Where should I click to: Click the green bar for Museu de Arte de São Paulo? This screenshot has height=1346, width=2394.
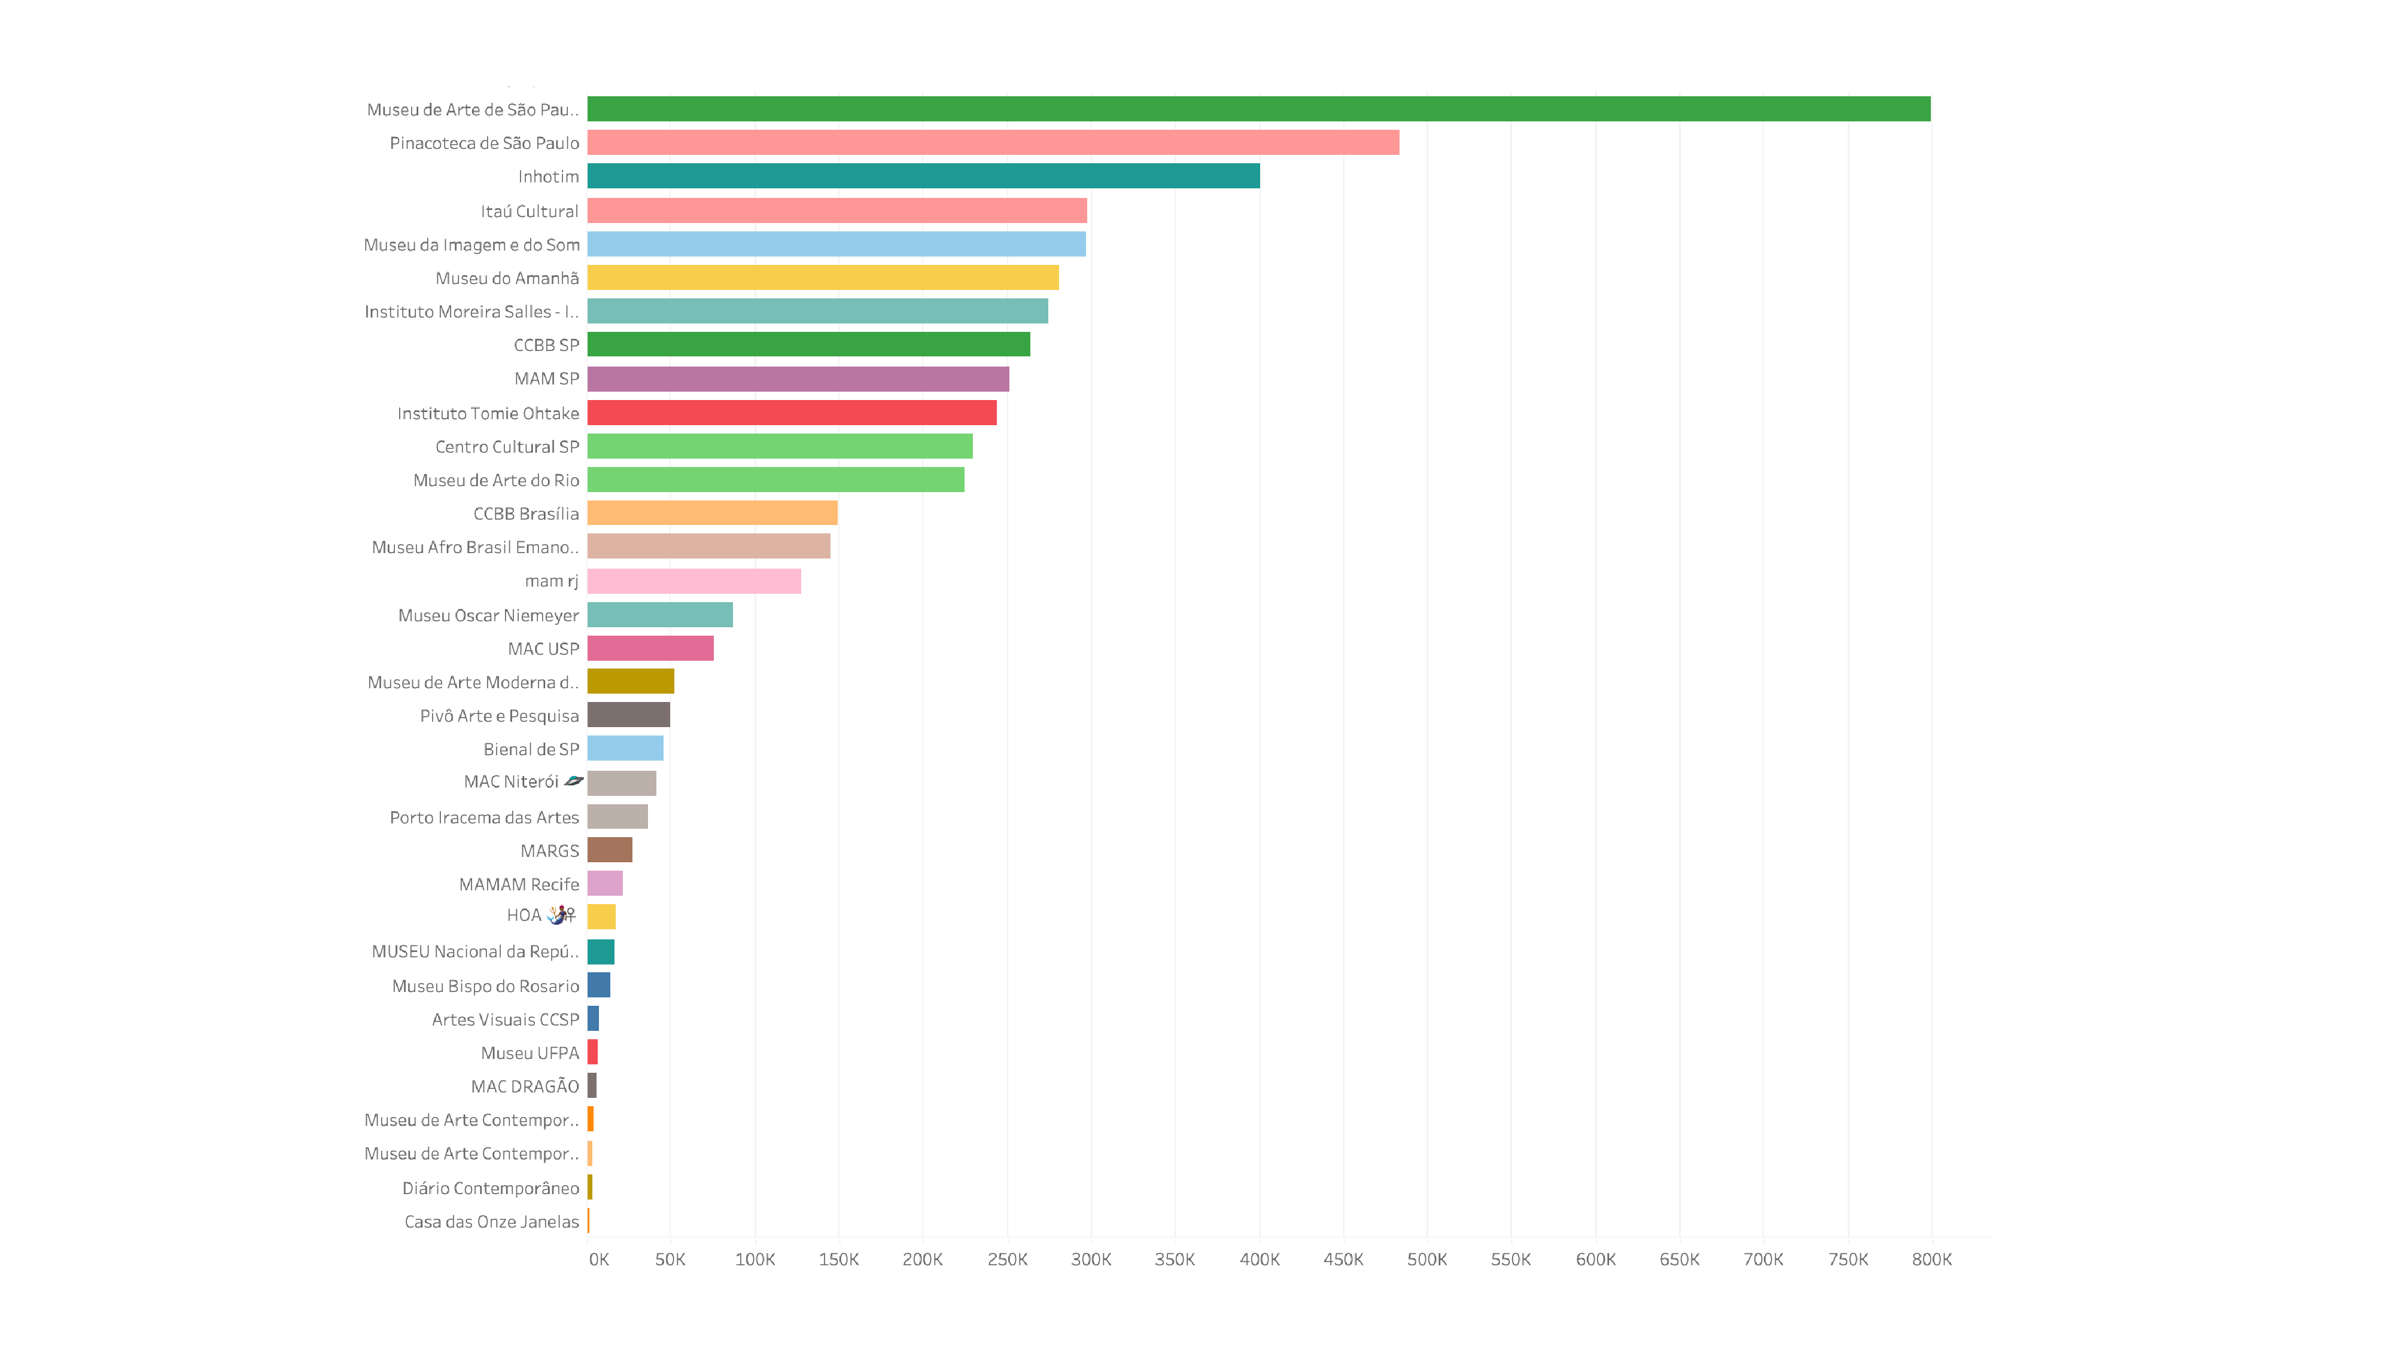click(1258, 109)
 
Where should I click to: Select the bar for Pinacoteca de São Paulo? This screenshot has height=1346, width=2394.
click(993, 142)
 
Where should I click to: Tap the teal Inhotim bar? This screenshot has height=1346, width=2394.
click(923, 176)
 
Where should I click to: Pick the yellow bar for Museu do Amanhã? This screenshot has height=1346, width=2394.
click(823, 277)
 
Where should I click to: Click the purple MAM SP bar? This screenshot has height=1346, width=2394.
click(798, 378)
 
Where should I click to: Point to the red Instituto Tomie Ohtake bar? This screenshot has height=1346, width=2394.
click(792, 413)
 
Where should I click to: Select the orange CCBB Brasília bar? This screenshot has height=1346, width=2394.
click(712, 513)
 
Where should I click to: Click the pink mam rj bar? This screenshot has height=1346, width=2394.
click(693, 581)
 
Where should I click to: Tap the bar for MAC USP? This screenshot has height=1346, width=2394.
click(650, 648)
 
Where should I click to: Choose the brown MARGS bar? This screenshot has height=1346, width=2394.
click(610, 850)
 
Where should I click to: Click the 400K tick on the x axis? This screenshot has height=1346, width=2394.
click(1260, 1260)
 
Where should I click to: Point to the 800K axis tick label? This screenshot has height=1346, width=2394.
click(1931, 1260)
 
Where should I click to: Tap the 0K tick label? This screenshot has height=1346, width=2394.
click(598, 1260)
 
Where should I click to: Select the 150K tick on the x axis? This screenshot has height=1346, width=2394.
click(838, 1260)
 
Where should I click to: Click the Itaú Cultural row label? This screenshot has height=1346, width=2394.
click(529, 211)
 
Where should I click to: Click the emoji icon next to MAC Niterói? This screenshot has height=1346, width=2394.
click(573, 781)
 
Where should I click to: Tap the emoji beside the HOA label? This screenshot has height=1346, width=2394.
click(561, 915)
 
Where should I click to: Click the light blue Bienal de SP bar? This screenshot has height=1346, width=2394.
click(625, 749)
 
